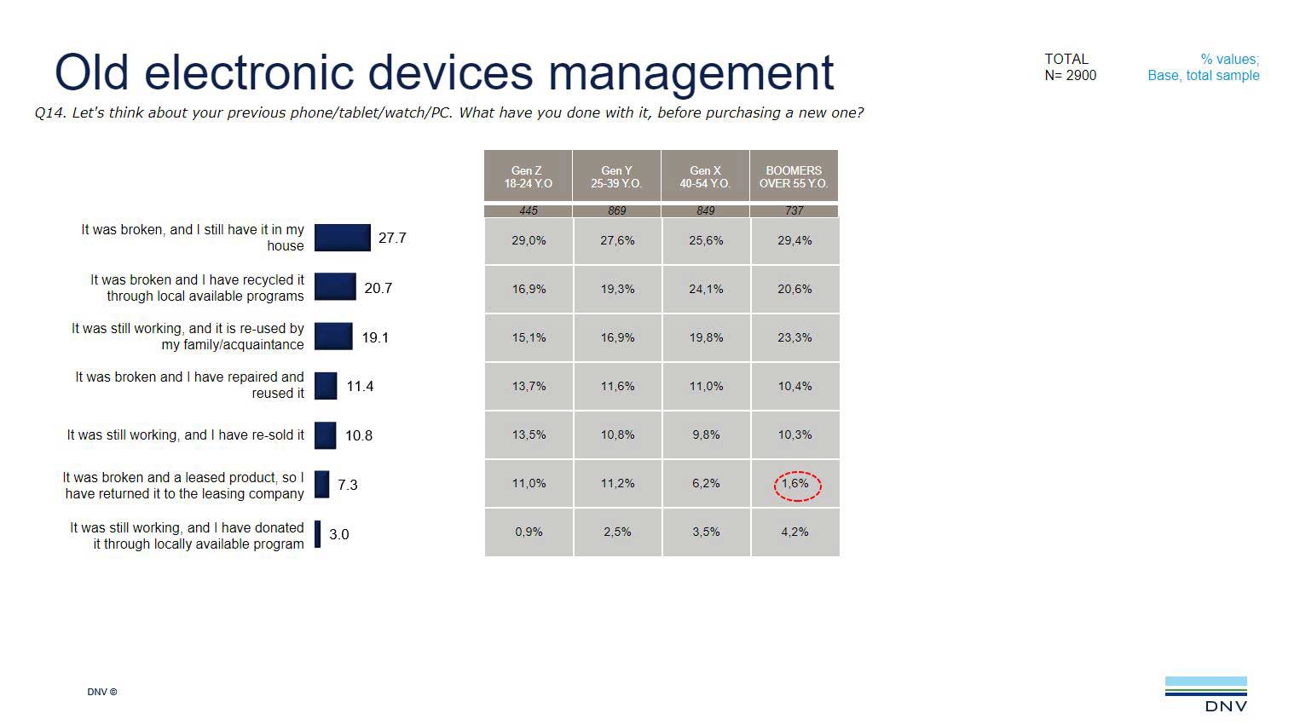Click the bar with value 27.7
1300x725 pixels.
pyautogui.click(x=343, y=238)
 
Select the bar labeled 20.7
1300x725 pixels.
pyautogui.click(x=335, y=287)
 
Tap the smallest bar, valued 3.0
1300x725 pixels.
pyautogui.click(x=318, y=534)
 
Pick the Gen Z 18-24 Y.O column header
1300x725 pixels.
pyautogui.click(x=528, y=176)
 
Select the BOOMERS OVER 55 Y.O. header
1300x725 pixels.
pyautogui.click(x=794, y=176)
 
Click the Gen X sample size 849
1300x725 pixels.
pyautogui.click(x=705, y=210)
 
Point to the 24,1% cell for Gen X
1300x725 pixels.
pyautogui.click(x=706, y=289)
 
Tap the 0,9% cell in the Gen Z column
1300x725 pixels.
pyautogui.click(x=529, y=532)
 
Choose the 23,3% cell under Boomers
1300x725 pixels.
pyautogui.click(x=794, y=337)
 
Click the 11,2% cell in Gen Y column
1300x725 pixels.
pyautogui.click(x=617, y=483)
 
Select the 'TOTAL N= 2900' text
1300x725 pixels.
pyautogui.click(x=1070, y=67)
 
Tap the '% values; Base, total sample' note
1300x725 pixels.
pyautogui.click(x=1203, y=67)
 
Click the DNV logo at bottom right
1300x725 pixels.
pyautogui.click(x=1205, y=693)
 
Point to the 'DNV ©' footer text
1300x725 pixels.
pyautogui.click(x=101, y=692)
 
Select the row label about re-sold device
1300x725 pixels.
pyautogui.click(x=185, y=435)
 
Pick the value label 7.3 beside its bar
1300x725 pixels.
pyautogui.click(x=347, y=485)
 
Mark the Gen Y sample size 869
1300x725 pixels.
pyautogui.click(x=616, y=210)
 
